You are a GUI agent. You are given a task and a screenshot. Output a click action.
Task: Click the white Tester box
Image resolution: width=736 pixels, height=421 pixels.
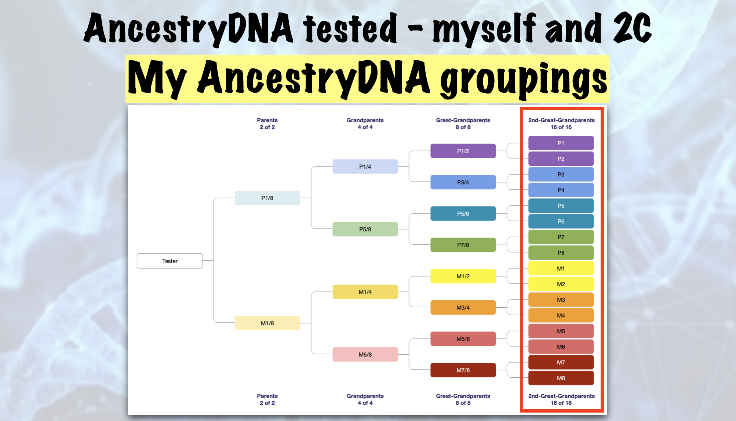point(170,261)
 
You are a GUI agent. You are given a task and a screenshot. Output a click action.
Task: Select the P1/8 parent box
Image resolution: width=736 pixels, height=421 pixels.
point(267,198)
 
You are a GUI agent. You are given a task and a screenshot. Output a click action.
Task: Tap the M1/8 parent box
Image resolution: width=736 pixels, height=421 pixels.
point(267,323)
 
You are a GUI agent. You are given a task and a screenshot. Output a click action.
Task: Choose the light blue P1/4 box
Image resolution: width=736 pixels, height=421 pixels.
point(365,166)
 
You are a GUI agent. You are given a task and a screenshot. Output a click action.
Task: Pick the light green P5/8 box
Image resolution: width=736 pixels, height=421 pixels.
point(365,229)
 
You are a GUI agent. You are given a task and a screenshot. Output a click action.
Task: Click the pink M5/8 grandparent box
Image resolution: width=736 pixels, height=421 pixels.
point(365,355)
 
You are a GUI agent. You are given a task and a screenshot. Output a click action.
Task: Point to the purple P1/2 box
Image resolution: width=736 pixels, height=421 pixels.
point(463,151)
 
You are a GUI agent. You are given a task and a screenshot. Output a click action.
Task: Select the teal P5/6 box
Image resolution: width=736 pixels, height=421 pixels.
point(463,213)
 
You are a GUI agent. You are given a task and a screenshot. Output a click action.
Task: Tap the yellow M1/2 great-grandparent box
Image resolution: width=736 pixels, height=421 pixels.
point(463,276)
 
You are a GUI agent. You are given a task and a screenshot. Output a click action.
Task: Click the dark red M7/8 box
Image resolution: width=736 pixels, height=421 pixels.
point(463,370)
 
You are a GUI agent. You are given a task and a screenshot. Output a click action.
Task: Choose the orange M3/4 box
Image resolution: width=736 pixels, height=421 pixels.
point(463,308)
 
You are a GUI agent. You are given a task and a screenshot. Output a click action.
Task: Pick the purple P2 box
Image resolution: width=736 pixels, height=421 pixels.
point(561,159)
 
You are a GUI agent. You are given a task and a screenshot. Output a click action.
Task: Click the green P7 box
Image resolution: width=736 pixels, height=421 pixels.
point(561,237)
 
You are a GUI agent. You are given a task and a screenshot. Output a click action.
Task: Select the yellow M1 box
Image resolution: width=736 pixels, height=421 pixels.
point(561,268)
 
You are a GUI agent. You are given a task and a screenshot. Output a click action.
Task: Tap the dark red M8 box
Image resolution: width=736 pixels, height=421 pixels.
point(561,378)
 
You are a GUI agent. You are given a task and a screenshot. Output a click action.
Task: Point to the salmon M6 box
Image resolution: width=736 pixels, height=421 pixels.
point(561,347)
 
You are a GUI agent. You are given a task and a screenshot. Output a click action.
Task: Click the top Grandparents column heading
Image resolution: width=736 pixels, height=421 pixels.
point(365,124)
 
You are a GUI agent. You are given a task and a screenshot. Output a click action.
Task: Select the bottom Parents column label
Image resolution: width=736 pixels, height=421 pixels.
point(267,399)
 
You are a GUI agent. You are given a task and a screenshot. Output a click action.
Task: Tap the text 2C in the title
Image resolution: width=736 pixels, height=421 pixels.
point(632,29)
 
